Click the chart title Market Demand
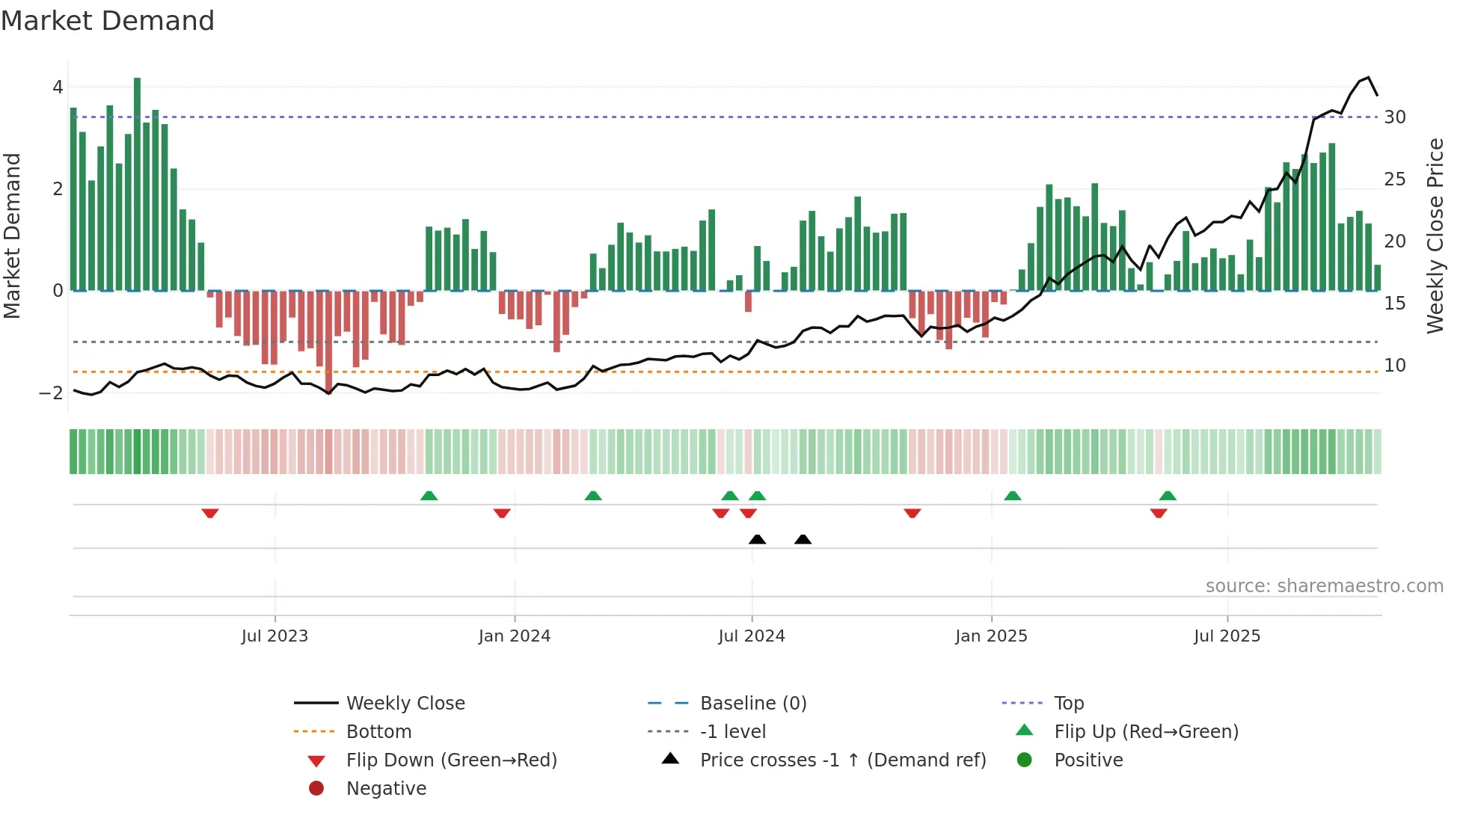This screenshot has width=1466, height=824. (108, 21)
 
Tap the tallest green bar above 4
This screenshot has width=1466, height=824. (137, 183)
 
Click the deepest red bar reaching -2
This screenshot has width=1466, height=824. (329, 341)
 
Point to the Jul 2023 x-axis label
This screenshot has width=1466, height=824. (275, 636)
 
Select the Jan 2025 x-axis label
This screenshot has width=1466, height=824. (991, 636)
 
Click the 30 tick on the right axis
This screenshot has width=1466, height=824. (1394, 117)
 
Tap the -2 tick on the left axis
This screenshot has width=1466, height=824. (52, 393)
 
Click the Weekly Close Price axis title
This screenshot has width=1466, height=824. (1435, 236)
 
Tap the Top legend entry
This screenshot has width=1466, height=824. (1068, 704)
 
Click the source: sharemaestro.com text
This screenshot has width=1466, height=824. (1324, 586)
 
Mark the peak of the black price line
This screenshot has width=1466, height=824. (1368, 78)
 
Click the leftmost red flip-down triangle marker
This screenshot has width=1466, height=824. (210, 513)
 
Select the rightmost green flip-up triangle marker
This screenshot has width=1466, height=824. (1168, 496)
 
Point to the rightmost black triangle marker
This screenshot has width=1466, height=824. (803, 539)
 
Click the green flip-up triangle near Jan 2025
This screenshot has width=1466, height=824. (1012, 496)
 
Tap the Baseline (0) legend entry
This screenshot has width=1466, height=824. (752, 704)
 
